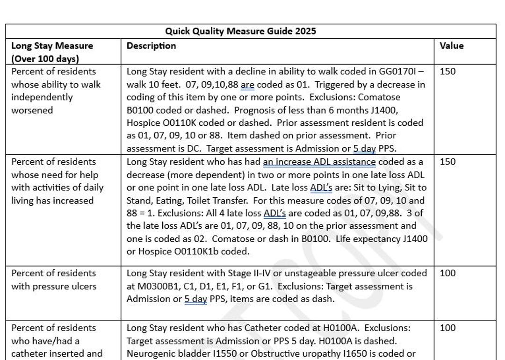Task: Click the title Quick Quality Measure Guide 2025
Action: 240,31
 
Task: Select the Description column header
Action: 151,46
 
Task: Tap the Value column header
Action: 451,46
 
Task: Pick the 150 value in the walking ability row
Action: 447,72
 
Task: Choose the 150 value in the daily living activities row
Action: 447,162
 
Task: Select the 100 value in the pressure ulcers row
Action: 447,273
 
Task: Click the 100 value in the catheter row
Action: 447,328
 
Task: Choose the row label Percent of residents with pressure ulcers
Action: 54,280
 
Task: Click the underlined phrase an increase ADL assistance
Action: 319,162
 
